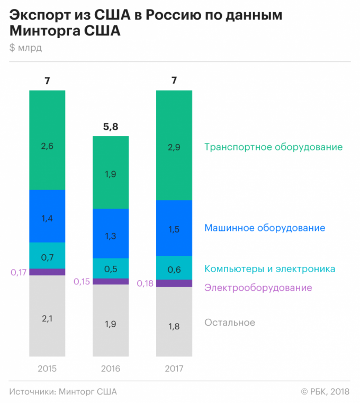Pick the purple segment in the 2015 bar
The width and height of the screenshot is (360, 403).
47,272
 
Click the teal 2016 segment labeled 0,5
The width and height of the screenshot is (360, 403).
111,268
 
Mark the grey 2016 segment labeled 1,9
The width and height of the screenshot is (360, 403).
111,320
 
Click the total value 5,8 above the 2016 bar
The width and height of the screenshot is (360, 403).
111,127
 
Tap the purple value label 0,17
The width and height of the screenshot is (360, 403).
19,272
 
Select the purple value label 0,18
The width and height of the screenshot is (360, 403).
145,283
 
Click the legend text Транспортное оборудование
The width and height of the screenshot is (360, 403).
273,147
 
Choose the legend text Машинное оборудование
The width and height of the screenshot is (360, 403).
264,228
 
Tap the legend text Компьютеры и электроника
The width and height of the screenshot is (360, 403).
269,269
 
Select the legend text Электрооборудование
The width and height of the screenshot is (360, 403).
258,288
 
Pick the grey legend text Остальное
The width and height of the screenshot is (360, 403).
229,323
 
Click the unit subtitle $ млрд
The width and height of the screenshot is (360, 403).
25,48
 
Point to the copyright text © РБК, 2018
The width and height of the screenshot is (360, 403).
325,391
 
